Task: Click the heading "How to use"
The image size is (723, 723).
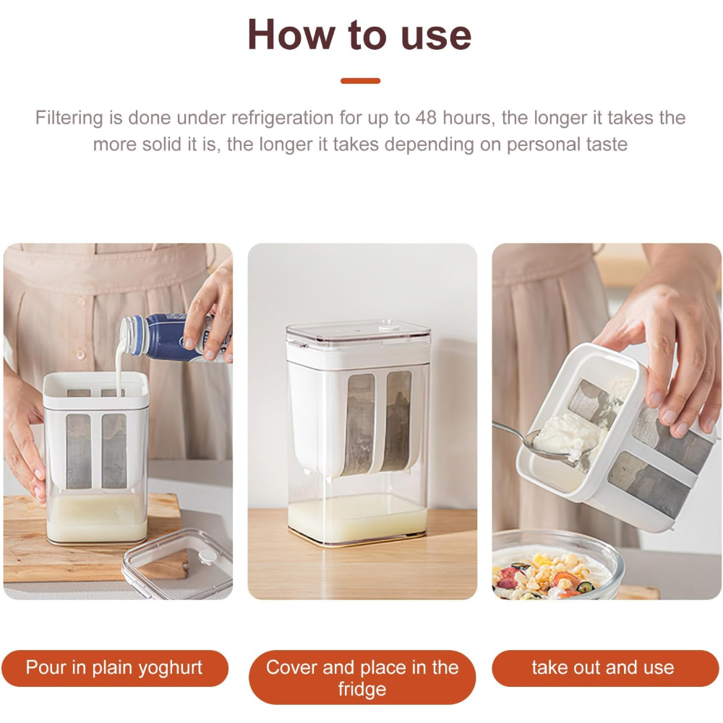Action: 359,34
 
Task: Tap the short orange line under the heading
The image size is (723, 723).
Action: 360,81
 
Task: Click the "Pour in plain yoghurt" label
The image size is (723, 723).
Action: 114,668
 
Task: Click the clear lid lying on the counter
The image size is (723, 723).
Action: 177,562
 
